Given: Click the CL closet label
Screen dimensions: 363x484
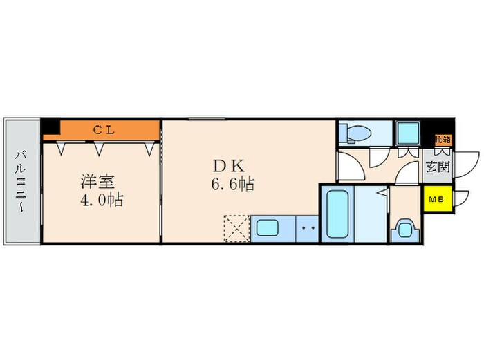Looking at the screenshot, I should tap(104, 129).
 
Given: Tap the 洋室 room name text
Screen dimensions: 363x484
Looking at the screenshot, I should tap(97, 182).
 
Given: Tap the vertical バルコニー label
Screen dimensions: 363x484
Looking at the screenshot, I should tap(21, 181).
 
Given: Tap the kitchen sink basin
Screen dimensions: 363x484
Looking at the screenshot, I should tap(267, 227).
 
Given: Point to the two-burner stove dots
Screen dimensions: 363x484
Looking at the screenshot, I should tap(308, 227).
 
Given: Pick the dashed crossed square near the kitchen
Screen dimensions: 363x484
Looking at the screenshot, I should tap(235, 227).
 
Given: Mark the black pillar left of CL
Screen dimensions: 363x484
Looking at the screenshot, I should tap(50, 127).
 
